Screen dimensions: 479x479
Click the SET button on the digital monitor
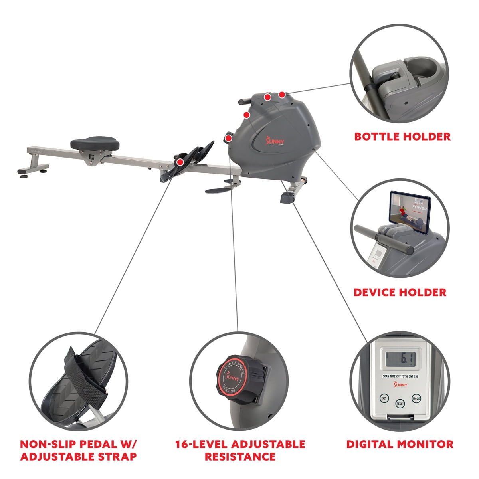click(384, 398)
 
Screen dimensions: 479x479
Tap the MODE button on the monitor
click(416, 398)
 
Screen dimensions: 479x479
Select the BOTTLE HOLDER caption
click(402, 137)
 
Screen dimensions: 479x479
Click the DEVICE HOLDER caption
click(400, 292)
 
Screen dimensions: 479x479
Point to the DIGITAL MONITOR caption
click(400, 444)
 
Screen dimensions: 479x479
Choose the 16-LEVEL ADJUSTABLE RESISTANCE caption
click(240, 450)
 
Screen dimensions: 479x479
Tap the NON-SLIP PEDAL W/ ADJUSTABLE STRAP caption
click(78, 450)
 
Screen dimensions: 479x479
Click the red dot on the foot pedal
click(180, 162)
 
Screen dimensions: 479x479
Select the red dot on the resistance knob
click(228, 139)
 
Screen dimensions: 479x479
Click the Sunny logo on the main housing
click(274, 141)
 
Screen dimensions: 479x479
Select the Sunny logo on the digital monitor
click(400, 384)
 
